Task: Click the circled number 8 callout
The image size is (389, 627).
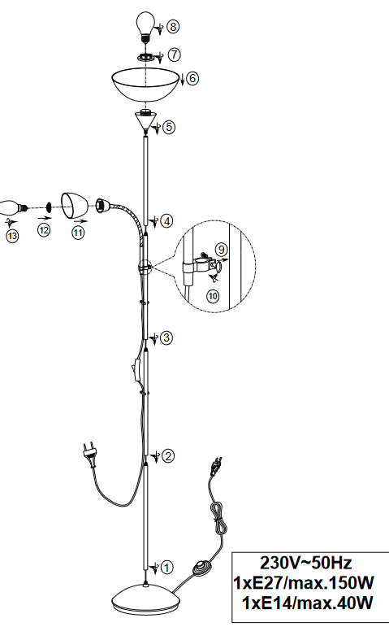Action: click(x=173, y=27)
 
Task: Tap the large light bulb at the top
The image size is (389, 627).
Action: click(x=146, y=26)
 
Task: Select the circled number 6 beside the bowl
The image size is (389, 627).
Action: click(x=192, y=78)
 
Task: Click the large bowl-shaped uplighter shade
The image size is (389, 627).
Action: click(x=145, y=85)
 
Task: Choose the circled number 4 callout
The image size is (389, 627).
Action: click(x=166, y=221)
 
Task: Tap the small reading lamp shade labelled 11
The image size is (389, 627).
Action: click(x=74, y=206)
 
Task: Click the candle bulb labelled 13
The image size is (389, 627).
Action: click(x=13, y=207)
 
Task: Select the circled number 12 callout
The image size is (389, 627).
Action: click(x=45, y=230)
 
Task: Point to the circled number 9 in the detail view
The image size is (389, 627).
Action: click(x=221, y=250)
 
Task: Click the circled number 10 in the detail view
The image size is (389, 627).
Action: click(x=213, y=296)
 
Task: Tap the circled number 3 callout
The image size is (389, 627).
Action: click(x=166, y=337)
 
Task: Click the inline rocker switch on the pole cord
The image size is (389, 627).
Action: click(x=136, y=371)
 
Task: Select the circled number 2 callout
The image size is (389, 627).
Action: click(x=168, y=456)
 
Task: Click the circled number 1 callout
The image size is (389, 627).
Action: click(x=167, y=567)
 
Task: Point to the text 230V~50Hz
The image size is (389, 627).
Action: click(x=306, y=563)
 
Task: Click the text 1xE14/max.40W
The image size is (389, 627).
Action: click(x=308, y=603)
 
